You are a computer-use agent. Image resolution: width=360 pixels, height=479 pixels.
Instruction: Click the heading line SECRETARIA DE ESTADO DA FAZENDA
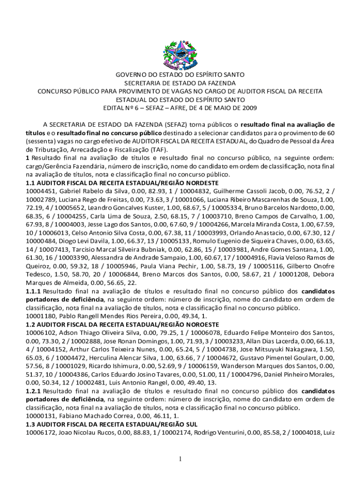tap(180, 83)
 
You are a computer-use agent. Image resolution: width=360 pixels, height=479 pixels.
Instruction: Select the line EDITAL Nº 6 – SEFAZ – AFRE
tap(180, 108)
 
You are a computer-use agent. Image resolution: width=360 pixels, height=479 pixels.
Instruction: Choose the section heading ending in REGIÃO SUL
tap(113, 424)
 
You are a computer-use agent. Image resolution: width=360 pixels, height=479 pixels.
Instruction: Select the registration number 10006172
tap(41, 433)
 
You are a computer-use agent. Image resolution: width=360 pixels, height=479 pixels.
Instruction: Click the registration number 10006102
tap(41, 332)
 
